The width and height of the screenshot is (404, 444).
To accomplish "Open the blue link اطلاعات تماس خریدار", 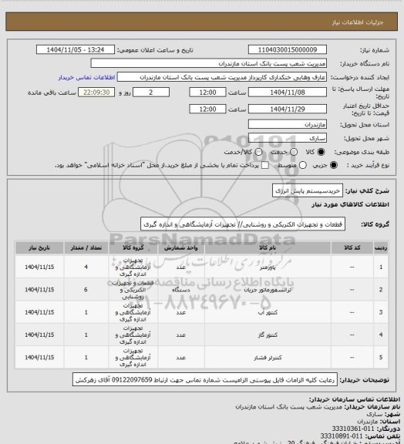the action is coord(86,78).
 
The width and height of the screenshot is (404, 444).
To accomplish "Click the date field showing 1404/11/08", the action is coord(281,92).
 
